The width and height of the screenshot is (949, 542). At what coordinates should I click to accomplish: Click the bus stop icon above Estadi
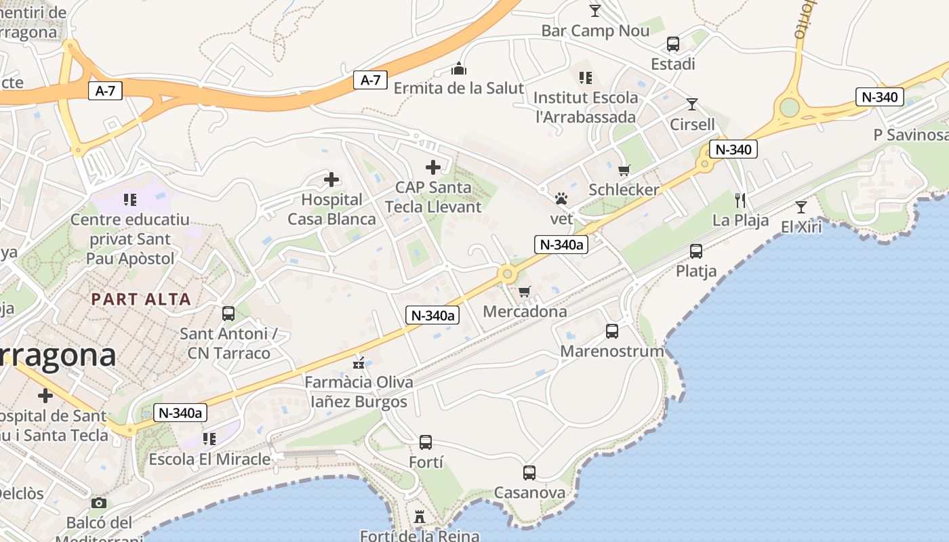(673, 44)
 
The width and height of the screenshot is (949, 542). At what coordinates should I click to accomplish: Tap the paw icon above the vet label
(561, 199)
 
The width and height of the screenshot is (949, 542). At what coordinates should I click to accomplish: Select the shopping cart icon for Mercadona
(524, 291)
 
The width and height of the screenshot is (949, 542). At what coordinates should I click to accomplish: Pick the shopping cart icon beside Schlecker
(624, 170)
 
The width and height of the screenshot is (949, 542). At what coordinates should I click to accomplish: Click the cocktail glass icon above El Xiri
(801, 207)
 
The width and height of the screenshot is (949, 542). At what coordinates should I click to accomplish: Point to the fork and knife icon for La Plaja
(740, 200)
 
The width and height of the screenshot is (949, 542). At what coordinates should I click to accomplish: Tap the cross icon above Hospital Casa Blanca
(331, 180)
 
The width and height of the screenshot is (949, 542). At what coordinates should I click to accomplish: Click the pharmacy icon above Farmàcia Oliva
(359, 363)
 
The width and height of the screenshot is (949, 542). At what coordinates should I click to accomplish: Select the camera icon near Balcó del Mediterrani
(99, 503)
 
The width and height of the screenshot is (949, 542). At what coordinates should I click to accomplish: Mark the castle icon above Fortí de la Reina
(420, 517)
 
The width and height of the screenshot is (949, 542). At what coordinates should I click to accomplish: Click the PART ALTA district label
(141, 299)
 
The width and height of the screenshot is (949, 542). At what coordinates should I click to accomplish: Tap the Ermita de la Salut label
(459, 88)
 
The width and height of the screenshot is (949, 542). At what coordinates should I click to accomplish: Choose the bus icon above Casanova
(529, 472)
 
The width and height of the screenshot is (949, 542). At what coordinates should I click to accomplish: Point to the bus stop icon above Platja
(696, 251)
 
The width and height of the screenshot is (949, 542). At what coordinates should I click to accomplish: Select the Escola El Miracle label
(209, 459)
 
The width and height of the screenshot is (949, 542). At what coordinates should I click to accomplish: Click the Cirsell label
(692, 124)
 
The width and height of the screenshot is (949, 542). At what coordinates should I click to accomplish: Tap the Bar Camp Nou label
(595, 30)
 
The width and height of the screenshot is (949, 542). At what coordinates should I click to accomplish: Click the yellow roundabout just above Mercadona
(506, 274)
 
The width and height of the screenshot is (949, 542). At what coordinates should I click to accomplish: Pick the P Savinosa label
(910, 135)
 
